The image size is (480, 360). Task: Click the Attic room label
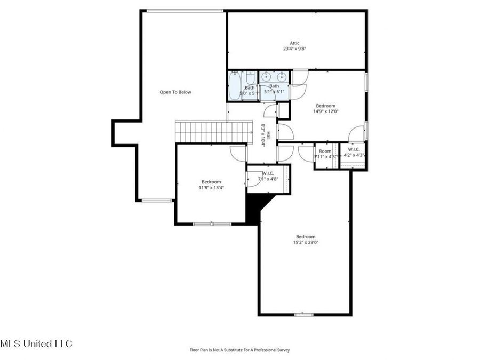coord(294,43)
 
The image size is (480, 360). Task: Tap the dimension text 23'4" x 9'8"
coord(294,49)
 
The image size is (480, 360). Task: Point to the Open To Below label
coord(175,92)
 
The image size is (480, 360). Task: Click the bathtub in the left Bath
coord(234,85)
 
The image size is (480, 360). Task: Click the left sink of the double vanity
coord(267,77)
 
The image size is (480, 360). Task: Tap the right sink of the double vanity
coord(281,77)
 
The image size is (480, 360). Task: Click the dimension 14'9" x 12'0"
coord(325,111)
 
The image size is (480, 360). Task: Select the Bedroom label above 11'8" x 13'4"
coord(211,182)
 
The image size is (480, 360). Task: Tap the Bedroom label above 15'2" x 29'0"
coord(306,237)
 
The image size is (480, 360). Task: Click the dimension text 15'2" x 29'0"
coord(306,243)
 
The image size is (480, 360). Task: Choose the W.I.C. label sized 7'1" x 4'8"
coord(268,173)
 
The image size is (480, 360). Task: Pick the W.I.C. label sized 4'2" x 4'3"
coord(354,149)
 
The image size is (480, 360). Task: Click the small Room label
coord(325,151)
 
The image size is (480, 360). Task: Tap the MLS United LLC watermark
coord(36,343)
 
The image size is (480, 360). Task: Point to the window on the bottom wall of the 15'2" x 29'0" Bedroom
coord(304,315)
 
